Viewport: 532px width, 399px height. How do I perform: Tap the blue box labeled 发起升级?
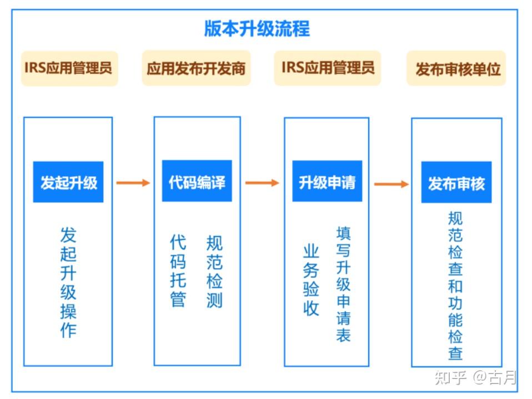tap(68, 182)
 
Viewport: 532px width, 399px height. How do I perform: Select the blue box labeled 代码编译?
tap(197, 182)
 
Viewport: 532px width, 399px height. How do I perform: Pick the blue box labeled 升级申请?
tap(327, 182)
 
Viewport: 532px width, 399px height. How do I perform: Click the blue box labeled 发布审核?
tap(456, 183)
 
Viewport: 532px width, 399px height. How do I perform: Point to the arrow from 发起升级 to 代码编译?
tap(133, 182)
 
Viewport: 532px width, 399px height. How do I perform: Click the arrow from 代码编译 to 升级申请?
tap(262, 182)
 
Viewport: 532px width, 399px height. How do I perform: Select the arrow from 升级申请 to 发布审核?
tap(392, 183)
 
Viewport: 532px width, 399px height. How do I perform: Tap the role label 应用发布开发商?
tap(196, 68)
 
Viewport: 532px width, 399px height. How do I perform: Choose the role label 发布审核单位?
tap(457, 69)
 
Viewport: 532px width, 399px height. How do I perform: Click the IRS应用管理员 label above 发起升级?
tap(69, 68)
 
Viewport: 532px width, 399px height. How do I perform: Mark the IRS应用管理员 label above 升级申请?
tap(328, 68)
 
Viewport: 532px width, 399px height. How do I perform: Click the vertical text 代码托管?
tap(178, 270)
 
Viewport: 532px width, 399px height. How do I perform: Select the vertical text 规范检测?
tap(214, 270)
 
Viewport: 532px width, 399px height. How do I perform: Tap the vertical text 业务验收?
tap(311, 280)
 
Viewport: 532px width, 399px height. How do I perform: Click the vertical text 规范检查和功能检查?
tap(455, 285)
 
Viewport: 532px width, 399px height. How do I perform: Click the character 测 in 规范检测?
tap(214, 299)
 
